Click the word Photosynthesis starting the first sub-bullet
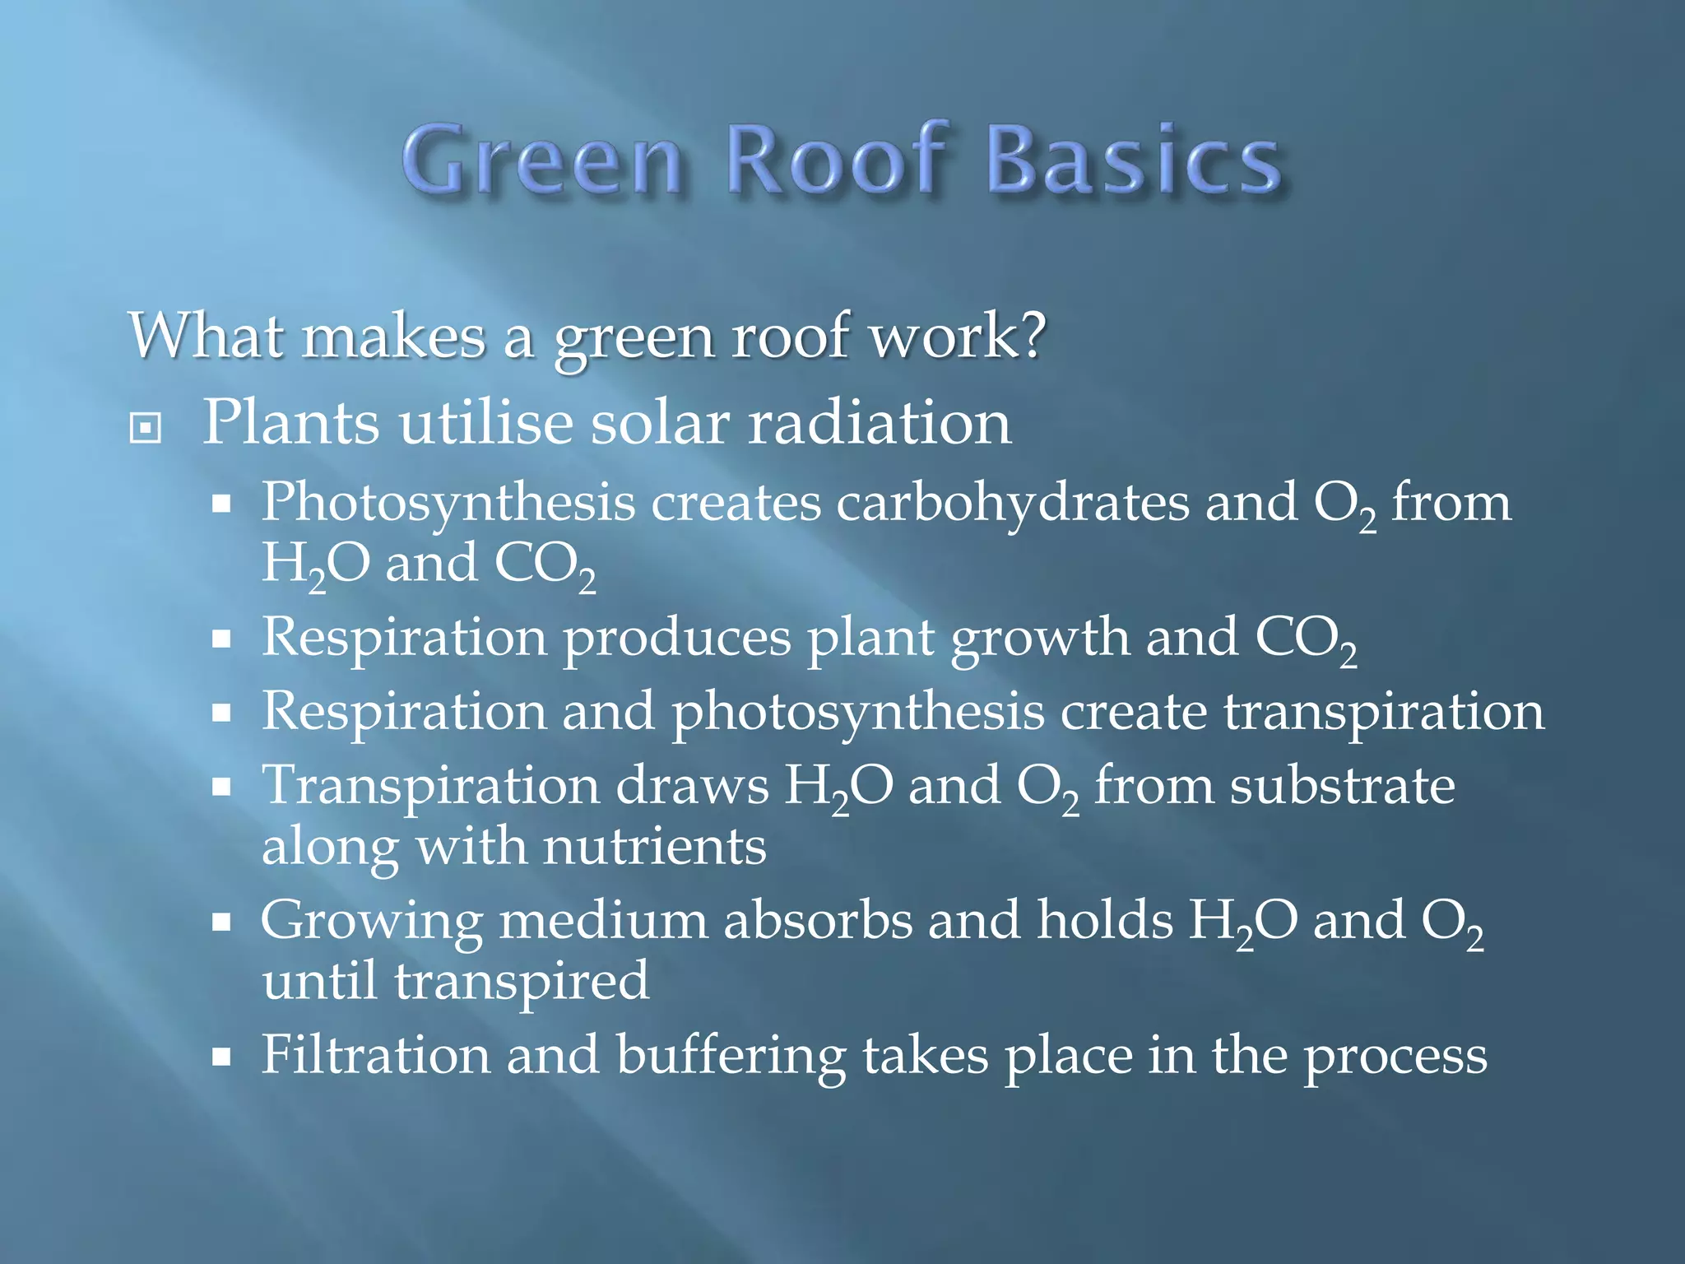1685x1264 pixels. [448, 503]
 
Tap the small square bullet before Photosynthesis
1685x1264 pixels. [220, 504]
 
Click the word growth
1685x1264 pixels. [1040, 639]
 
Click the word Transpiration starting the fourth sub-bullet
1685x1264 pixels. [431, 787]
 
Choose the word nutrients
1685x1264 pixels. [655, 847]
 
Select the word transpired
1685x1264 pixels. [522, 983]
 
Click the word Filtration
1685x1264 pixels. [375, 1055]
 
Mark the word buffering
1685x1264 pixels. [731, 1057]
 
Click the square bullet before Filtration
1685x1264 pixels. [220, 1057]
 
